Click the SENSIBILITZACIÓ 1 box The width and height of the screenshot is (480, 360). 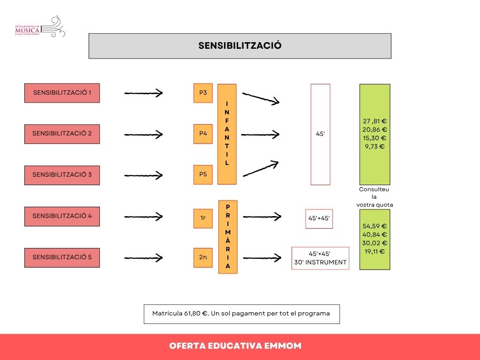coord(62,93)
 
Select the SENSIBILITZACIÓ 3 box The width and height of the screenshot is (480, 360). coord(62,175)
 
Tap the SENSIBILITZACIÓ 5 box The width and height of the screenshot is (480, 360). coord(62,257)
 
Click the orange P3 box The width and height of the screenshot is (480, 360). coord(203,93)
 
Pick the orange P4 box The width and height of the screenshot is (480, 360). coord(203,134)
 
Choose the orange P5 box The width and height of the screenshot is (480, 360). coord(203,174)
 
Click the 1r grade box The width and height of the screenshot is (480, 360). coord(203,218)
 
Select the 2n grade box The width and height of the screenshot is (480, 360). coord(203,257)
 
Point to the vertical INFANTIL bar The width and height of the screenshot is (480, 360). coord(227,134)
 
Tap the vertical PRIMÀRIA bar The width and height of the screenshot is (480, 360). coord(228,237)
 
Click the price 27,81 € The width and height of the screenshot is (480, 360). coord(375,121)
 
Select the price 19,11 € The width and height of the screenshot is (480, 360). coord(375,252)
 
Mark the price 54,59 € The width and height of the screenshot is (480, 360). coord(375,226)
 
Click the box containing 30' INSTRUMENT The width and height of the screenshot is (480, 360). coord(320,258)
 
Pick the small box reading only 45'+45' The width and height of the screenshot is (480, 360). coord(319,219)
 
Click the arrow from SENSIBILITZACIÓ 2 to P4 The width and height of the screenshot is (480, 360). coord(143,135)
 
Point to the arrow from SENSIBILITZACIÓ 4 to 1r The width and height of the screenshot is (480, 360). coord(143,217)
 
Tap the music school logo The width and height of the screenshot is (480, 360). coord(40,27)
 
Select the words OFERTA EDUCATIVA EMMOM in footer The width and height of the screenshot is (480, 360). coord(235,346)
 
